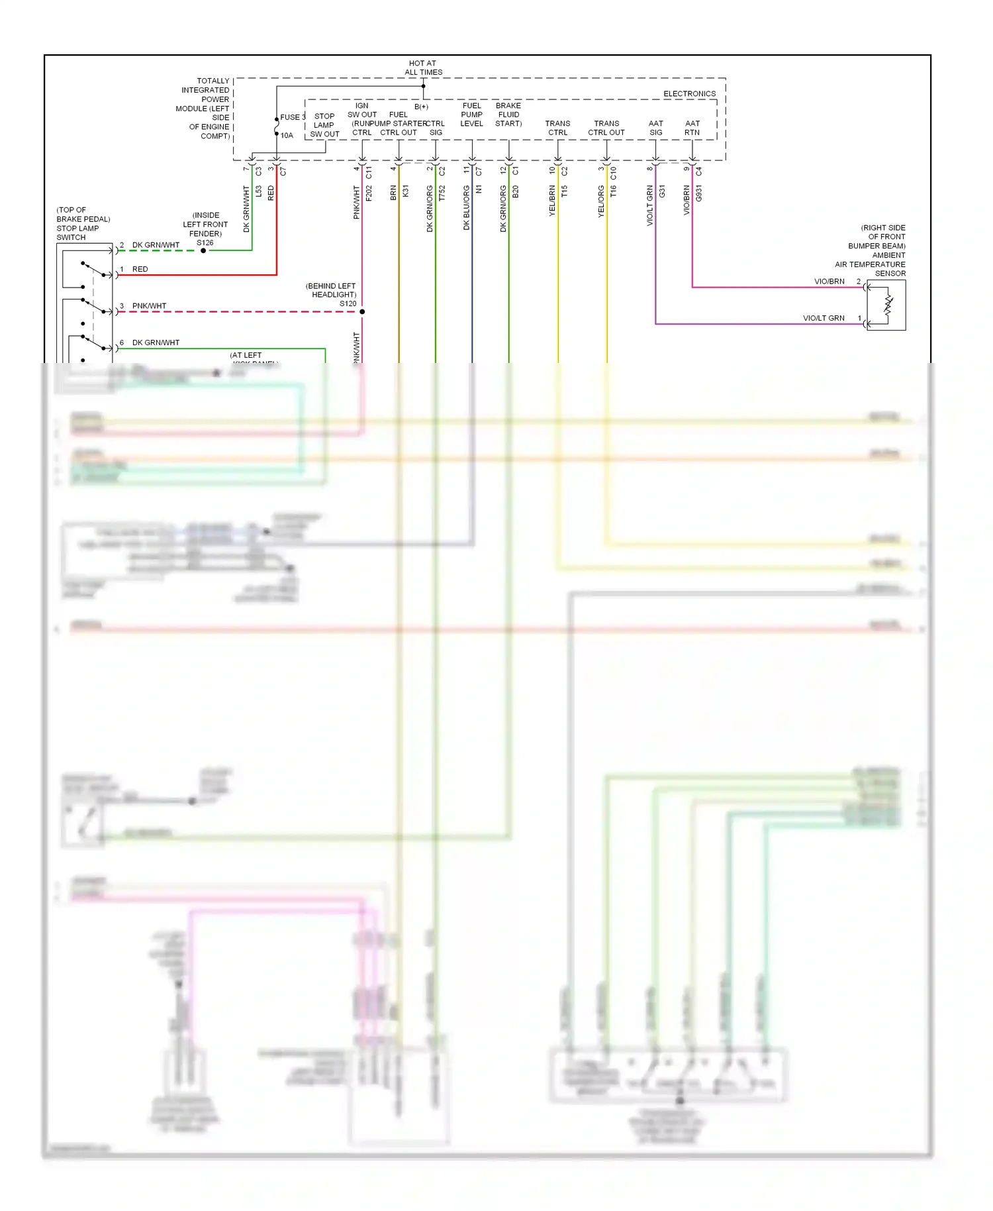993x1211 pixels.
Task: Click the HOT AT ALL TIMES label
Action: (x=423, y=68)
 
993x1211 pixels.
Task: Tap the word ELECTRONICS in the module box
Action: (x=689, y=94)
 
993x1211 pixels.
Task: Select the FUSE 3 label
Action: (x=292, y=117)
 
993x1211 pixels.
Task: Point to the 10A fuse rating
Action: (x=287, y=136)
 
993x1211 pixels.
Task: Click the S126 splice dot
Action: (x=203, y=250)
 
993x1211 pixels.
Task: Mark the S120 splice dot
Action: (x=362, y=311)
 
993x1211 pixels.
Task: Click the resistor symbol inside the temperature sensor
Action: (x=888, y=305)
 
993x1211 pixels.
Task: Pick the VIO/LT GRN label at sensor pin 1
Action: (x=824, y=318)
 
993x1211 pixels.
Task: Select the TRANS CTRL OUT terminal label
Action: (x=606, y=128)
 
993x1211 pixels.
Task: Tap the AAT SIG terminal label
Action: (x=655, y=128)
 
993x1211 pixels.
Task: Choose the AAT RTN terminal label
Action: (x=692, y=128)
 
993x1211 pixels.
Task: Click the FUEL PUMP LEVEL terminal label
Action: (x=471, y=115)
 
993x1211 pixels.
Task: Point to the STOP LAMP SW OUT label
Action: (x=324, y=125)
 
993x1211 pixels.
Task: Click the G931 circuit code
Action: (x=699, y=193)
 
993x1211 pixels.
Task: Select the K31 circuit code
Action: (x=405, y=191)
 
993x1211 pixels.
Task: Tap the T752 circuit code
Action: (x=442, y=193)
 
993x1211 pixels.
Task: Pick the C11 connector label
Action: (x=369, y=172)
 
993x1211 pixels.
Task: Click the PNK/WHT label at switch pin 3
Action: (x=149, y=306)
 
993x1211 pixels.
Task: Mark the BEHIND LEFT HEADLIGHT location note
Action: (x=331, y=290)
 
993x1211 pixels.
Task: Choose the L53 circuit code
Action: (x=259, y=192)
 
